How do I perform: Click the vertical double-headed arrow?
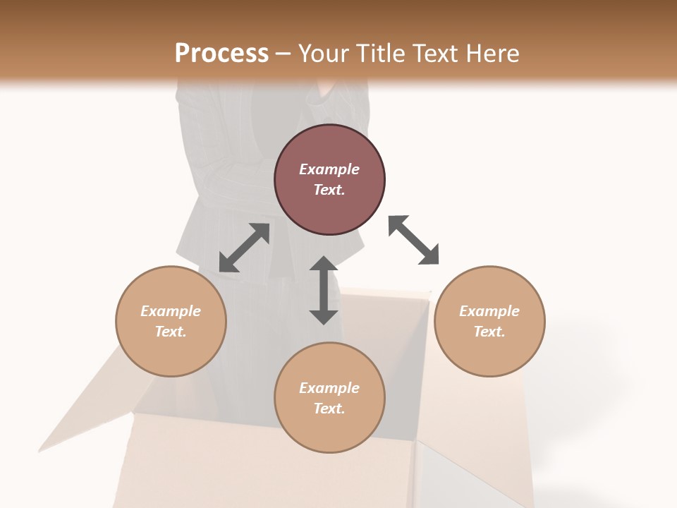click(x=324, y=290)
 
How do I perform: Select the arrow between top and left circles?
click(x=244, y=248)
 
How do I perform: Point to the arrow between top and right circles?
click(x=414, y=240)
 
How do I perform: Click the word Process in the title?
click(x=221, y=53)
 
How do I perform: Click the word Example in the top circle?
click(x=329, y=169)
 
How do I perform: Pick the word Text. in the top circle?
click(x=329, y=190)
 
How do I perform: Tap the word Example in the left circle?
click(x=171, y=311)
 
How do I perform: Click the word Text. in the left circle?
click(x=171, y=332)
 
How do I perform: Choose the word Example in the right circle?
click(x=489, y=311)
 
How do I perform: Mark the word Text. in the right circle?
click(x=489, y=332)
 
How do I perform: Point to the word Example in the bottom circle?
click(x=329, y=388)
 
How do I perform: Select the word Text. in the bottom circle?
click(x=329, y=409)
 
